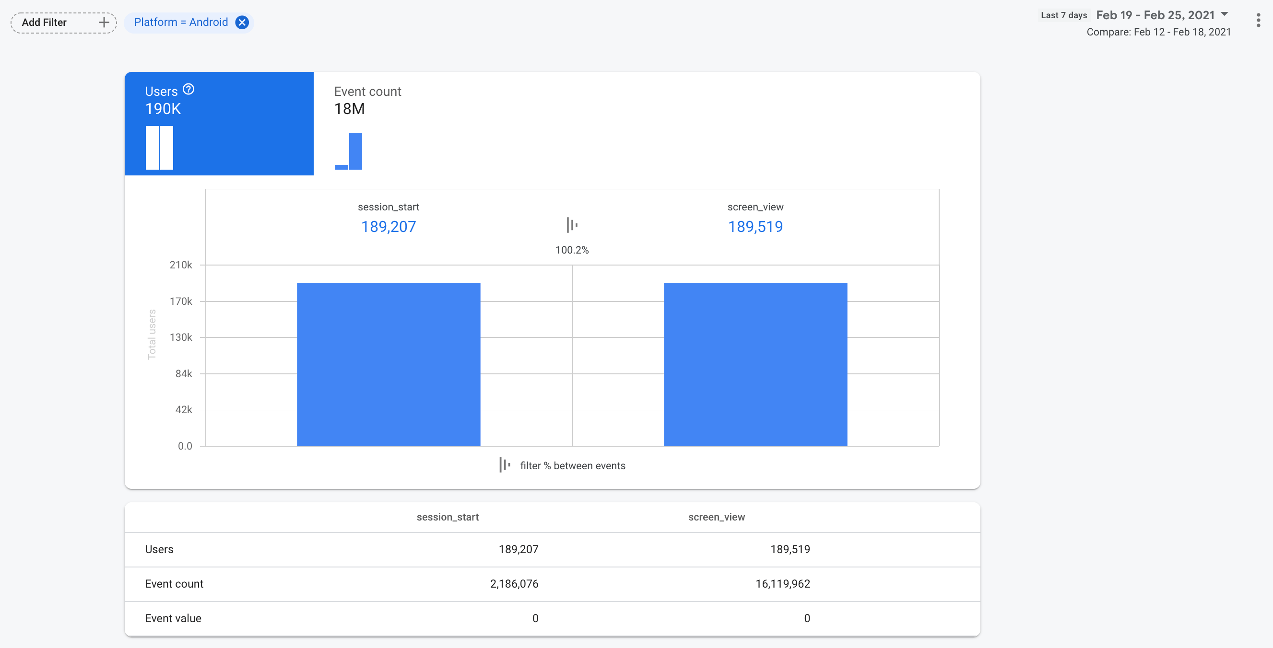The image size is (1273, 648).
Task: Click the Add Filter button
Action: pyautogui.click(x=64, y=23)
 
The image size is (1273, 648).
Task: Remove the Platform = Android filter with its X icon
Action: pyautogui.click(x=242, y=22)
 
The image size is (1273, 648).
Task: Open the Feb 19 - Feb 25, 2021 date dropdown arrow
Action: pyautogui.click(x=1225, y=14)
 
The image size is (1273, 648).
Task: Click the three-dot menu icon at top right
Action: pyautogui.click(x=1258, y=20)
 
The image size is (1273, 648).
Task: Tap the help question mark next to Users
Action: pyautogui.click(x=189, y=90)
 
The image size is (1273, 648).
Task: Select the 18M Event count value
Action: pyautogui.click(x=349, y=109)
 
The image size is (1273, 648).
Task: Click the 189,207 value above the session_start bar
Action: pyautogui.click(x=389, y=227)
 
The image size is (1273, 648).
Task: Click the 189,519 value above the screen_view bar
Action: pyautogui.click(x=755, y=227)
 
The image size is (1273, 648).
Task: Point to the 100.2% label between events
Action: pyautogui.click(x=572, y=250)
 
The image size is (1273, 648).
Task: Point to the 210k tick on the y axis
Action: pyautogui.click(x=181, y=265)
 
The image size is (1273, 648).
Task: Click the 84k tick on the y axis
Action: pyautogui.click(x=184, y=374)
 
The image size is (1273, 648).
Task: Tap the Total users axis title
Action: pyautogui.click(x=152, y=335)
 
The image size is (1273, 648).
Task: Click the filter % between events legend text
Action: pyautogui.click(x=572, y=466)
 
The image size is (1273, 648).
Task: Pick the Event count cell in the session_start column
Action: pyautogui.click(x=514, y=584)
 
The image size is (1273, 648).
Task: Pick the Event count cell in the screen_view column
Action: pyautogui.click(x=782, y=584)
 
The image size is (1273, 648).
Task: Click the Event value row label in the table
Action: pyautogui.click(x=173, y=618)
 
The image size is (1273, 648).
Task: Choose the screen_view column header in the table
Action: pyautogui.click(x=716, y=517)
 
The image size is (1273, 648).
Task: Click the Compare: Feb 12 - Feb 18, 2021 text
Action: pyautogui.click(x=1158, y=32)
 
